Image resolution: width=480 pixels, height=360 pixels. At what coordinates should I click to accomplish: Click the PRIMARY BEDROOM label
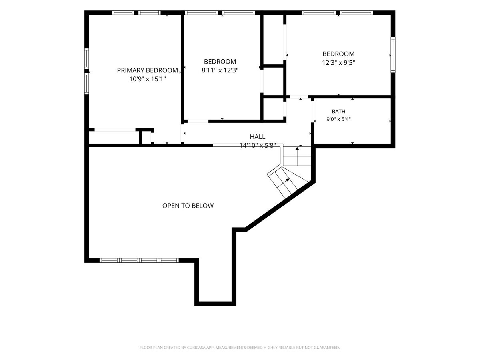147,70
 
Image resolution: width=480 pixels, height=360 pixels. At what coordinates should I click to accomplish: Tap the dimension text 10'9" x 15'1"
148,79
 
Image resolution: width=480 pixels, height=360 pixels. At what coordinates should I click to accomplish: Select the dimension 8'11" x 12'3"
220,70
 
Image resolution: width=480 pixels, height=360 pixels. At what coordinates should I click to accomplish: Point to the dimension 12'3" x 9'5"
338,63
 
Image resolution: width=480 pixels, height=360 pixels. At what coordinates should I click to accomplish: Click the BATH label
338,112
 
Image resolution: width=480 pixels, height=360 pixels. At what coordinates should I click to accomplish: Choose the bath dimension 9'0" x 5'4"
338,119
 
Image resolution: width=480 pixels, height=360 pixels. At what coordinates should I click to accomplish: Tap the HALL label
258,137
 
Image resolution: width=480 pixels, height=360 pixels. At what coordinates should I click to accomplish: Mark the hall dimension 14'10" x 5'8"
258,146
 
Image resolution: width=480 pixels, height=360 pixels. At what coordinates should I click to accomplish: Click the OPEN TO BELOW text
188,206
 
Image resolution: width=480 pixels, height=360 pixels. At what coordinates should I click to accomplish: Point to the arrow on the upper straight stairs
297,156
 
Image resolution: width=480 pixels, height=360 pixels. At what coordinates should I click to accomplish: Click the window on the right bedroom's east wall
393,55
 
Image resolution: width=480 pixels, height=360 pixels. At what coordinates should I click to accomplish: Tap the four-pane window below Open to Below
139,260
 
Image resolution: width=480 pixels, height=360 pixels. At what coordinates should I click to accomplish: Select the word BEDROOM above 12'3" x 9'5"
338,54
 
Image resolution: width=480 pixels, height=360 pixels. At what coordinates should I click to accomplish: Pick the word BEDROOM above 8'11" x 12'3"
220,62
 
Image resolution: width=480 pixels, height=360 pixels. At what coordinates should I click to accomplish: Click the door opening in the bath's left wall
312,111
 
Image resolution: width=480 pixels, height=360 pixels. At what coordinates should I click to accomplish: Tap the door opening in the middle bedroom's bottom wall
198,121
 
